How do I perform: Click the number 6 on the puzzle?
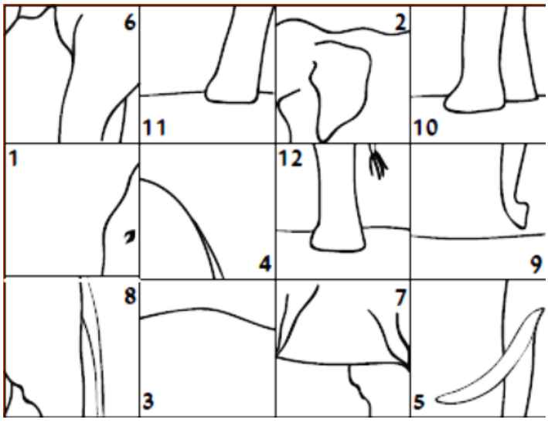coord(130,22)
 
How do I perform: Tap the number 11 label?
coord(154,128)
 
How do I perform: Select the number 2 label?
coord(400,22)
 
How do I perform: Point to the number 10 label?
coord(426,127)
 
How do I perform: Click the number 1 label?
coord(13,159)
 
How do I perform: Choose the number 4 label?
coord(265,264)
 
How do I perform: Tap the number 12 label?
coord(291,159)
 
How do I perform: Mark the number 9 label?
coord(536,264)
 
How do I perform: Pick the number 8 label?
coord(130,296)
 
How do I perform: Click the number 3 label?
coord(148,401)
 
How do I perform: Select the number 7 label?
coord(400,298)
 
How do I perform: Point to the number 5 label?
coord(419,401)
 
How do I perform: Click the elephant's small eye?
coord(130,237)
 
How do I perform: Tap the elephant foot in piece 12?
coord(338,240)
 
